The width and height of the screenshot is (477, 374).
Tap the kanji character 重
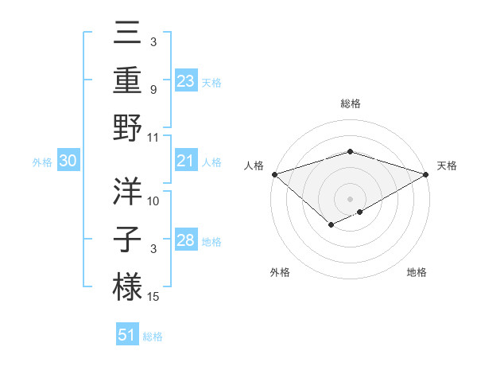pos(127,80)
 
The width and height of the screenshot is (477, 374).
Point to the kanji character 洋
pos(127,191)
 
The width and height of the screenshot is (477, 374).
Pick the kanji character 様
pos(127,285)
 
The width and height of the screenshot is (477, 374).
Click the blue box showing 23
pos(185,81)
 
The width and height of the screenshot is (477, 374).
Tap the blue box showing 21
pos(185,162)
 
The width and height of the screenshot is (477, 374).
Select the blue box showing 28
pos(185,241)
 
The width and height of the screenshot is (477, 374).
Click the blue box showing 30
pos(68,162)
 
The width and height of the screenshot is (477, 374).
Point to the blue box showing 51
pos(127,335)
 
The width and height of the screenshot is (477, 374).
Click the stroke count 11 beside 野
pos(153,137)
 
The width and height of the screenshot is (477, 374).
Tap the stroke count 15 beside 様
pos(153,297)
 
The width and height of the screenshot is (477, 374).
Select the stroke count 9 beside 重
pos(153,90)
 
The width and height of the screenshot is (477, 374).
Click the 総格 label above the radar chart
pos(350,103)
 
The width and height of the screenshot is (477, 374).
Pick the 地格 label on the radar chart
pos(417,272)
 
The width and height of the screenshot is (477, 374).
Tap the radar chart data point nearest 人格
pos(273,174)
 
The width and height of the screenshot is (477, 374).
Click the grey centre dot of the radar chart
pos(350,197)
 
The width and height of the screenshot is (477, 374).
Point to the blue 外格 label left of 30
pos(42,162)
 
